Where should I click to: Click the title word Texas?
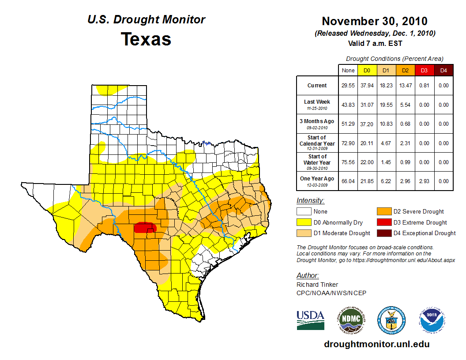(x=146, y=39)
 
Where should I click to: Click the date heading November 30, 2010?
(x=375, y=21)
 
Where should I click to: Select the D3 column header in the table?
(x=424, y=70)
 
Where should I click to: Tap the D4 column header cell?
(x=443, y=70)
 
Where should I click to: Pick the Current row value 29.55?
(x=348, y=86)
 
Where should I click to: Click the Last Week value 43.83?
(x=348, y=105)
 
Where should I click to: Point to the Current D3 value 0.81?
(x=424, y=86)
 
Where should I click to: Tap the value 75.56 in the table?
(x=348, y=162)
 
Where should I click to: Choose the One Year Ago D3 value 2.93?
(x=424, y=181)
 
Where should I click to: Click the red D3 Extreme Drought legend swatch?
(x=383, y=223)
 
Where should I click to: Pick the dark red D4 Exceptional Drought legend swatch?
(x=383, y=233)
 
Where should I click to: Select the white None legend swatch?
(x=304, y=212)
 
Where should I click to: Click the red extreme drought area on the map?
(x=144, y=227)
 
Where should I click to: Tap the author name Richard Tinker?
(x=317, y=285)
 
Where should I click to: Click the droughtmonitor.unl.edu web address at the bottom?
(x=376, y=344)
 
